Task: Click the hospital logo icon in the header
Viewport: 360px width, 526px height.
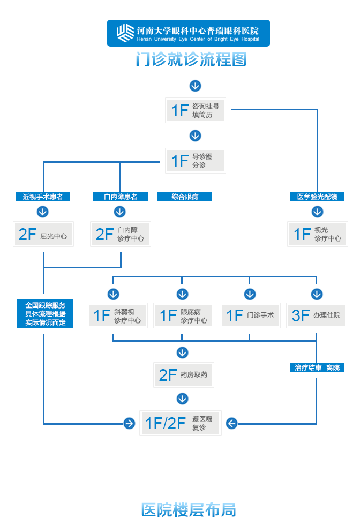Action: tap(125, 33)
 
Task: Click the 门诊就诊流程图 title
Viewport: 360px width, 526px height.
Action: tap(191, 59)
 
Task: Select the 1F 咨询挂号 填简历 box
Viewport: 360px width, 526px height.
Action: tap(195, 110)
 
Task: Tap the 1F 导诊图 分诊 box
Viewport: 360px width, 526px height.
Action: tap(195, 161)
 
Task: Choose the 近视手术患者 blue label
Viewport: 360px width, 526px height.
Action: tap(43, 197)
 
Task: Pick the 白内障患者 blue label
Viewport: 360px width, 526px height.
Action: tap(120, 197)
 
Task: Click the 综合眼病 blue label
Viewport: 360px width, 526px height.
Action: tap(185, 197)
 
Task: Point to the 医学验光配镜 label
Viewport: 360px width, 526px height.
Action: tap(317, 197)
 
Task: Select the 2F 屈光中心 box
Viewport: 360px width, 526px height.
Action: tap(43, 234)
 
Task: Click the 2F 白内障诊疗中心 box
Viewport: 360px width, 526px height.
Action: tap(120, 234)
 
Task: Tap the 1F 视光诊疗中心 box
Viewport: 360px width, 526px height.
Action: tap(317, 234)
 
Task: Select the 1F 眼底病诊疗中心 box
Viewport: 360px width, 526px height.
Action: tap(183, 315)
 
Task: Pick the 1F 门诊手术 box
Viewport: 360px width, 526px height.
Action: tap(250, 315)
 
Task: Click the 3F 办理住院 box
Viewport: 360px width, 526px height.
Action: tap(316, 315)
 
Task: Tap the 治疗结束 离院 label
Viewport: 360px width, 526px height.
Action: tap(317, 367)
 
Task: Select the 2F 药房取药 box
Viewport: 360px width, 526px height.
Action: tap(183, 375)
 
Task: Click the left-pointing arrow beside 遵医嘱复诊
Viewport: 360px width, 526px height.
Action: tap(231, 423)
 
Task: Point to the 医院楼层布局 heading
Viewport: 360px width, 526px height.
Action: tap(189, 509)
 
